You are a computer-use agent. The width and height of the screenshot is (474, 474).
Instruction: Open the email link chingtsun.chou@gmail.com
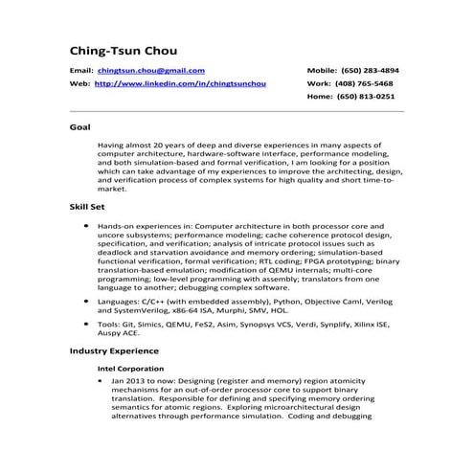pos(151,71)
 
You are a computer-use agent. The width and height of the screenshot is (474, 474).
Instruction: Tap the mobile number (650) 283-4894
pos(372,71)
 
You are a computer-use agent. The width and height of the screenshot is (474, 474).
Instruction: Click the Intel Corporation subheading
pos(130,369)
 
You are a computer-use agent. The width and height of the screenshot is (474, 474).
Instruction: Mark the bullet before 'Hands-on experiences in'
pos(88,224)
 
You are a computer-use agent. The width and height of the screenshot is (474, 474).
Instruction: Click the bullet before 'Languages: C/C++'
pos(88,301)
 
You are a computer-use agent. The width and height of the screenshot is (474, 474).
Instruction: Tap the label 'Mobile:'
pos(321,71)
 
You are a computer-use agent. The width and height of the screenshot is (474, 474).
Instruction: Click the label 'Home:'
pos(320,96)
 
